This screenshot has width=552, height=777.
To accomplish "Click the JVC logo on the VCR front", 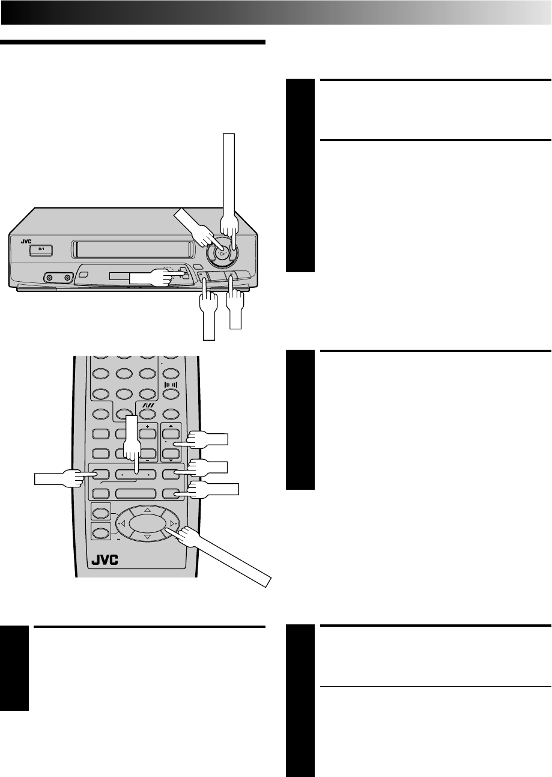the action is (x=25, y=242).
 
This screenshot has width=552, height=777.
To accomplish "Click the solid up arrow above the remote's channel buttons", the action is (x=171, y=422).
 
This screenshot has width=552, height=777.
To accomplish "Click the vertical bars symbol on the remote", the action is (x=171, y=383).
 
